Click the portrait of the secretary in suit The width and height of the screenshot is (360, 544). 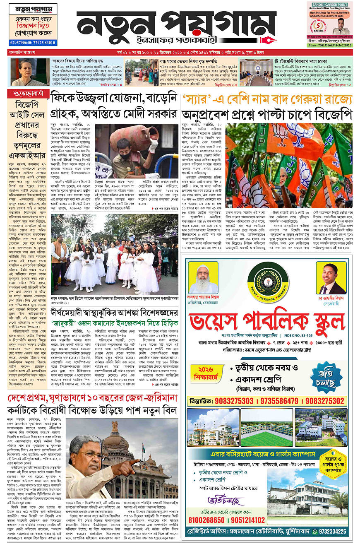click(x=331, y=278)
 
